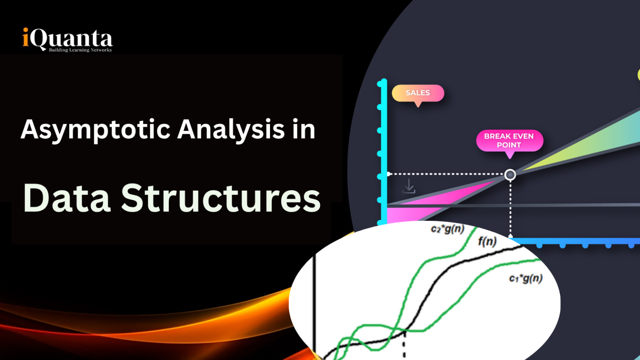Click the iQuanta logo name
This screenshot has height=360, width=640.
(67, 39)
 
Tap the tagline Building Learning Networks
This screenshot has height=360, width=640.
(80, 50)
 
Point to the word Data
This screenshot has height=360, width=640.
(67, 198)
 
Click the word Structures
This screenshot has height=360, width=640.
(221, 198)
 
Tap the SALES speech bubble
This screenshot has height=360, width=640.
(418, 93)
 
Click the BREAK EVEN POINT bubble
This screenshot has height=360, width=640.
(509, 141)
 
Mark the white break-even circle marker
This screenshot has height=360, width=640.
(510, 175)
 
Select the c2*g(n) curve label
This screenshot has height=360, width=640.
(447, 229)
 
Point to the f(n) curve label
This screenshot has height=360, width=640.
(487, 241)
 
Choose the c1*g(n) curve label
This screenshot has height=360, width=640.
(526, 278)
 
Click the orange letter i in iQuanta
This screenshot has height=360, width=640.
(25, 37)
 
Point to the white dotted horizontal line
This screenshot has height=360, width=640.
(446, 174)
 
